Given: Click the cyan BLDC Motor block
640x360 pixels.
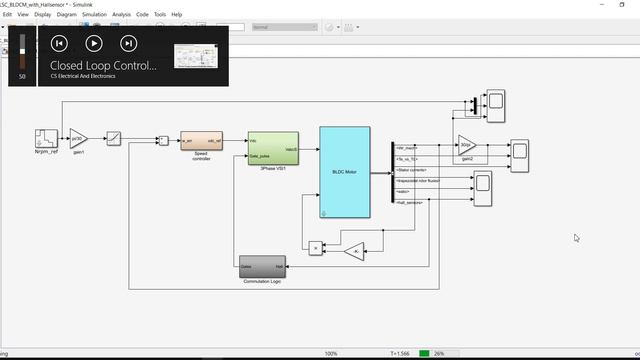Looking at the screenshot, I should pyautogui.click(x=344, y=171).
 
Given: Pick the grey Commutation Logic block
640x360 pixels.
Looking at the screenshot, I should pyautogui.click(x=262, y=267).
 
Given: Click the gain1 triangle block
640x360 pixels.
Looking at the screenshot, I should pyautogui.click(x=78, y=138).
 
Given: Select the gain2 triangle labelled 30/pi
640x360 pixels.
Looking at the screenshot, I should pyautogui.click(x=467, y=146).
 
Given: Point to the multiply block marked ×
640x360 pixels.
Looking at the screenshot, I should pyautogui.click(x=315, y=247).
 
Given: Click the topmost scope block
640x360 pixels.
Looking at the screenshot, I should pyautogui.click(x=495, y=102).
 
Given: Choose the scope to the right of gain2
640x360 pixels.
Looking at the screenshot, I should pyautogui.click(x=520, y=152).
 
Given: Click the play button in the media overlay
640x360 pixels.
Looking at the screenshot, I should pyautogui.click(x=93, y=43).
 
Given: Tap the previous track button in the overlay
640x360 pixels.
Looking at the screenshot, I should pyautogui.click(x=59, y=43).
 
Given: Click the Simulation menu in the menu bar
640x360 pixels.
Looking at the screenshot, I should pyautogui.click(x=94, y=15).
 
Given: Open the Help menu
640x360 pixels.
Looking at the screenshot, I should pyautogui.click(x=176, y=15).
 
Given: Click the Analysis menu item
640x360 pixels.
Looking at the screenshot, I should pyautogui.click(x=121, y=15).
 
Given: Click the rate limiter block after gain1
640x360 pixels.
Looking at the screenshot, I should pyautogui.click(x=114, y=138).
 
